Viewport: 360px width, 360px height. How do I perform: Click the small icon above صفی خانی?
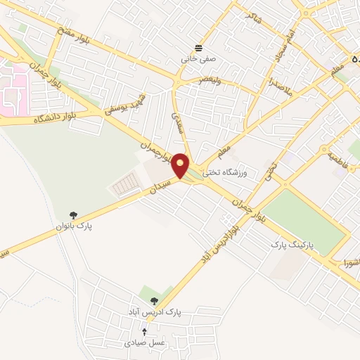pyautogui.click(x=199, y=49)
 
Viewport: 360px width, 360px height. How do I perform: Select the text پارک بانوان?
pyautogui.click(x=75, y=227)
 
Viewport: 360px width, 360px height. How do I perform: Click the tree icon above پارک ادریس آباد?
pyautogui.click(x=154, y=300)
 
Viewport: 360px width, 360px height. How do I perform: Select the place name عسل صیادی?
pyautogui.click(x=144, y=342)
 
